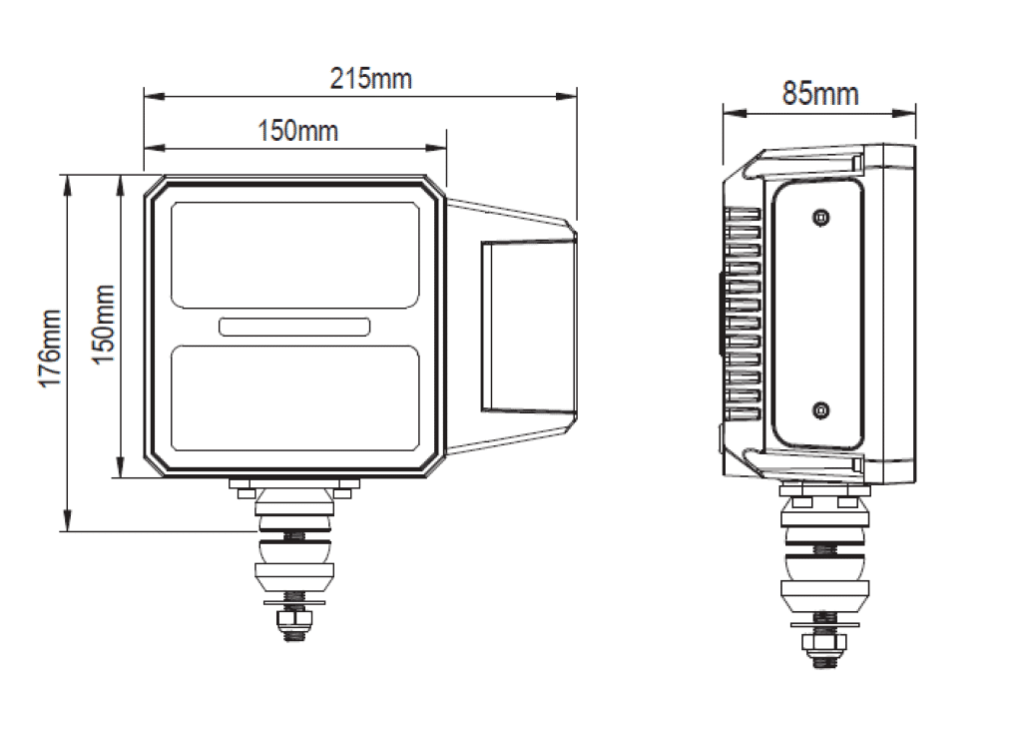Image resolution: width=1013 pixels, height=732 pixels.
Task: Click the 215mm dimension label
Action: pos(370,78)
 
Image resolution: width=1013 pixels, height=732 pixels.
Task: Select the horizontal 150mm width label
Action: pos(297,131)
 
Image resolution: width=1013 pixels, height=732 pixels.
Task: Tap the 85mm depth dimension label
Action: pos(819,94)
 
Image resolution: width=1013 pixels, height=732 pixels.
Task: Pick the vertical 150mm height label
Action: pos(104,324)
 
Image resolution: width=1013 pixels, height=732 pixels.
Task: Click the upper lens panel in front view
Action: pos(294,254)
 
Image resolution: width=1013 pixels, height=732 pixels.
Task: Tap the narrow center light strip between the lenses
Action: pos(294,326)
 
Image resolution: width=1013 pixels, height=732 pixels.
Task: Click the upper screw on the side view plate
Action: pos(820,217)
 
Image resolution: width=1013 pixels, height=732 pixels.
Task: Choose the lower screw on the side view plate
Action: pos(820,407)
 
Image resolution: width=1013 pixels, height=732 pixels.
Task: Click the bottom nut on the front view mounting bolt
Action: pos(294,626)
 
